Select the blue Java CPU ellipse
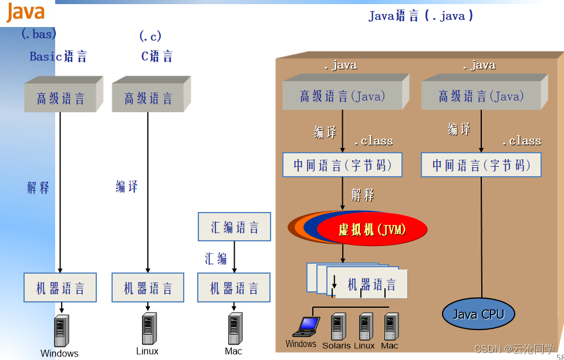478,314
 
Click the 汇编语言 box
234,227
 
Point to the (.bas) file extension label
39,34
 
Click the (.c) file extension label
150,36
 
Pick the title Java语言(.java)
420,16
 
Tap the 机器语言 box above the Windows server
60,288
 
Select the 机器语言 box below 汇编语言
234,288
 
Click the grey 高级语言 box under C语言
148,98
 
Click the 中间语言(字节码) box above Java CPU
481,165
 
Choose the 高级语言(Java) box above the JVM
342,96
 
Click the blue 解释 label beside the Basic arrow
38,188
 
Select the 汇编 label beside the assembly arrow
215,258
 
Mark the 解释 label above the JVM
362,195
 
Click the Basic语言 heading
58,56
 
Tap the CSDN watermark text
514,349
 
